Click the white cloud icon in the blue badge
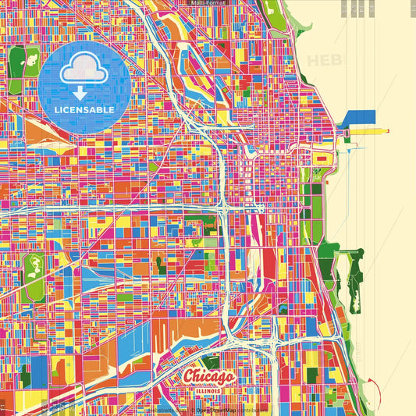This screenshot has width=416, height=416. [84, 70]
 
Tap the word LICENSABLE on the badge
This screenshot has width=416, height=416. [84, 109]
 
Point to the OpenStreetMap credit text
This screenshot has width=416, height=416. [215, 409]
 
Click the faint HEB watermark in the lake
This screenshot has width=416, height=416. [324, 61]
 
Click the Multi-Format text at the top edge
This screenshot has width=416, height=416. [208, 3]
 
